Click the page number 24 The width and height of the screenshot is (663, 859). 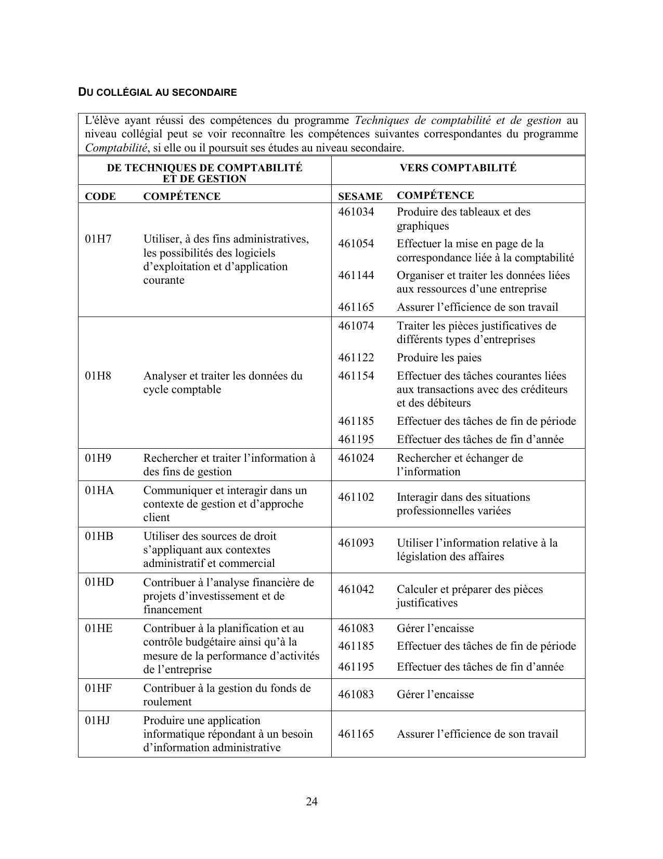tap(311, 801)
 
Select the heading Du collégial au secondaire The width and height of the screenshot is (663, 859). tap(157, 93)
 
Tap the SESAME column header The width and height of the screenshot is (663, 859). tap(360, 196)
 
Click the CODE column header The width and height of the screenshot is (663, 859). tap(100, 196)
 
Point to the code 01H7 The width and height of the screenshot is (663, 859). tap(98, 239)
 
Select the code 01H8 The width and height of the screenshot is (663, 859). tap(98, 376)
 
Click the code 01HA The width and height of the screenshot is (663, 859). tap(99, 490)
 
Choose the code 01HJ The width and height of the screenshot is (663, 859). tap(98, 721)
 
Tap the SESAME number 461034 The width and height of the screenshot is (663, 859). tap(356, 212)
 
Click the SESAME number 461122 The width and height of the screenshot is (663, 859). tap(356, 358)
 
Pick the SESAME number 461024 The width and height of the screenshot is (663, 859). tap(356, 458)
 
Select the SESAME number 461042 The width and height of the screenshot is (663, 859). tap(356, 589)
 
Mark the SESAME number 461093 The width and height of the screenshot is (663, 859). tap(356, 543)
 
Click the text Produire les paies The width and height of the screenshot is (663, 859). tap(439, 358)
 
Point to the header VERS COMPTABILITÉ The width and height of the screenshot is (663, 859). tap(458, 168)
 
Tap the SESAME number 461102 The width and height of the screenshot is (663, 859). tap(356, 497)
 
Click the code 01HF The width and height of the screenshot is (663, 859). tap(99, 688)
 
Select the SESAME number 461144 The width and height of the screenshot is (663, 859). tap(356, 275)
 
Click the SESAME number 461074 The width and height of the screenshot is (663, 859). tap(356, 326)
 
